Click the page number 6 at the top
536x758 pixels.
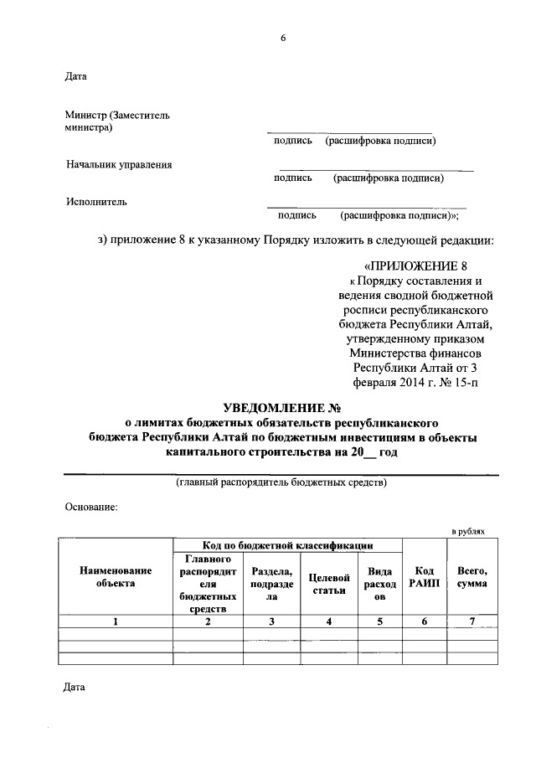(x=283, y=39)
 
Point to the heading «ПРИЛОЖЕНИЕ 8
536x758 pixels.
(x=419, y=266)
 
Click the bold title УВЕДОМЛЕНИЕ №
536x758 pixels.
(x=283, y=408)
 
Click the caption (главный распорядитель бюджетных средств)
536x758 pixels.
(x=281, y=483)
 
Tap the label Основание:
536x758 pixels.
(x=91, y=507)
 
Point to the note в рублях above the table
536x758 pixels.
(x=468, y=532)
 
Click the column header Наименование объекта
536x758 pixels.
(x=115, y=576)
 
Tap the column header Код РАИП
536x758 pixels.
(x=424, y=576)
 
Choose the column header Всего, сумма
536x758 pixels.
(x=472, y=576)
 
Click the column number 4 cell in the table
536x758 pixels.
(x=329, y=621)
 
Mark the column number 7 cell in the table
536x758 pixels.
(x=472, y=621)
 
